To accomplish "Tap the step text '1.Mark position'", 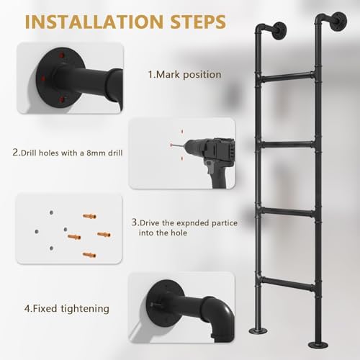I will tap(184, 74).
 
